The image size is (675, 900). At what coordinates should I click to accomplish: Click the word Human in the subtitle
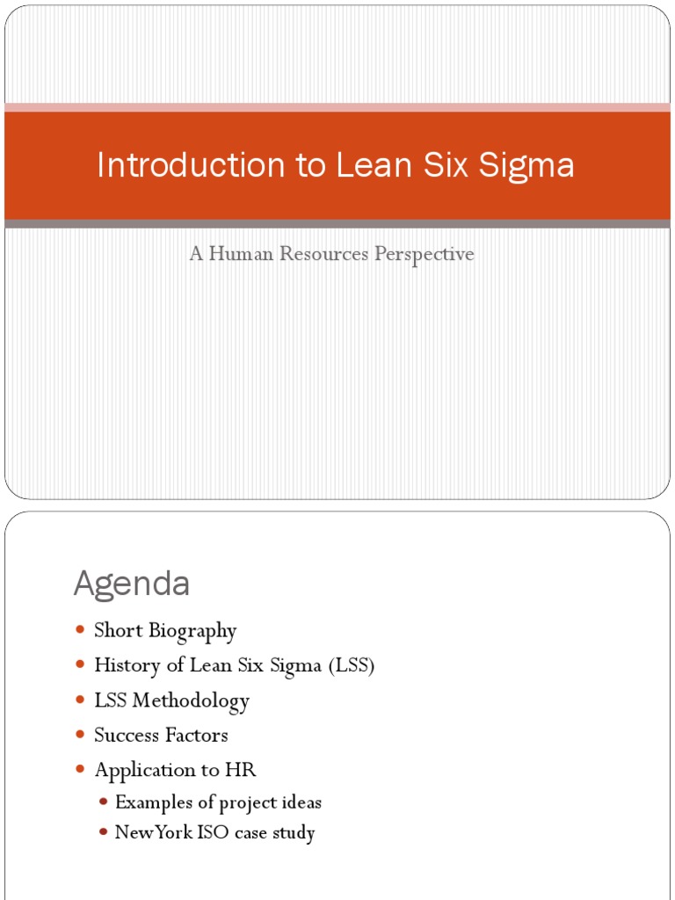(x=236, y=254)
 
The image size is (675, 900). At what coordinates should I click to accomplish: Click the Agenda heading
(x=132, y=584)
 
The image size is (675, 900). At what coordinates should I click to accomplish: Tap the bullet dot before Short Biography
(x=81, y=630)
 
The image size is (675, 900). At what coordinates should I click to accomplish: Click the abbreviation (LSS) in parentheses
(x=352, y=665)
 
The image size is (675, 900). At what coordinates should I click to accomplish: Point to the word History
(x=127, y=665)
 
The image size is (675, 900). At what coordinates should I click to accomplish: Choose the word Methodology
(x=196, y=700)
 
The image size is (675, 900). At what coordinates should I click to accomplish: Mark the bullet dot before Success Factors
(x=81, y=734)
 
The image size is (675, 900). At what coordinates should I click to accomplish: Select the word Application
(x=145, y=771)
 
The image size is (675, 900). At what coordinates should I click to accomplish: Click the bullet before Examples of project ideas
(x=104, y=802)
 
